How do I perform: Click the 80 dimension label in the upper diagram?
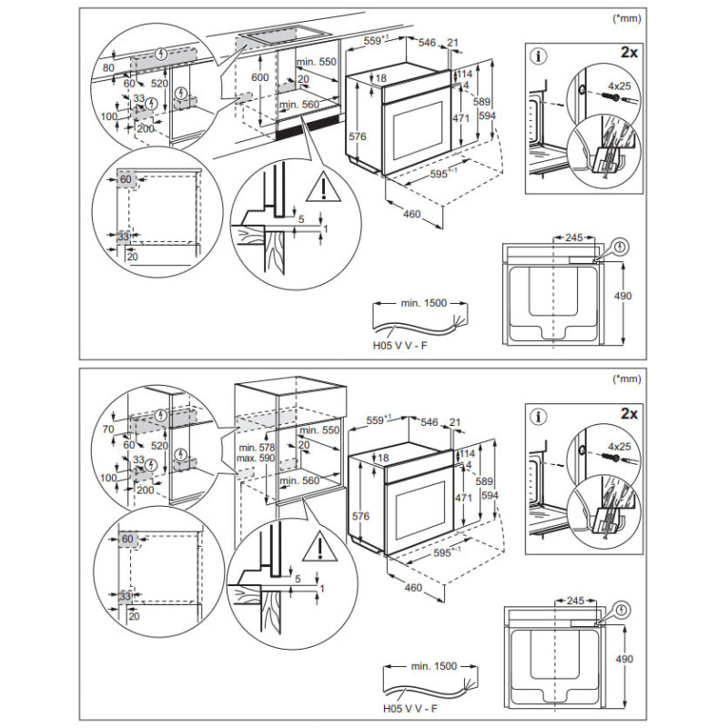107,67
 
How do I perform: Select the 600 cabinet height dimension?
260,78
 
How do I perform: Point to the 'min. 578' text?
257,448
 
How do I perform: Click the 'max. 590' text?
257,460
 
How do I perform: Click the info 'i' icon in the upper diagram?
541,56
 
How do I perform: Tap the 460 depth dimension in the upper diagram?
412,215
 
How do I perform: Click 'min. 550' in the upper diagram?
318,61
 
